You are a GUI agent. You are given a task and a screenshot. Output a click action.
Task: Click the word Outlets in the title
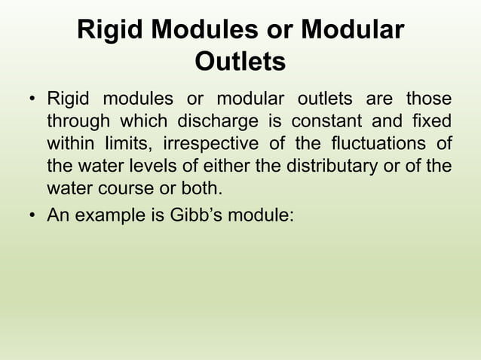(240, 61)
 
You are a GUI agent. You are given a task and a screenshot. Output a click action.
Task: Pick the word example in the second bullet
(103, 215)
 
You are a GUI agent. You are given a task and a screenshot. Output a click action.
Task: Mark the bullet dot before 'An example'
(32, 216)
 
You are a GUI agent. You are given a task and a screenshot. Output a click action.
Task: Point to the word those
(429, 100)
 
